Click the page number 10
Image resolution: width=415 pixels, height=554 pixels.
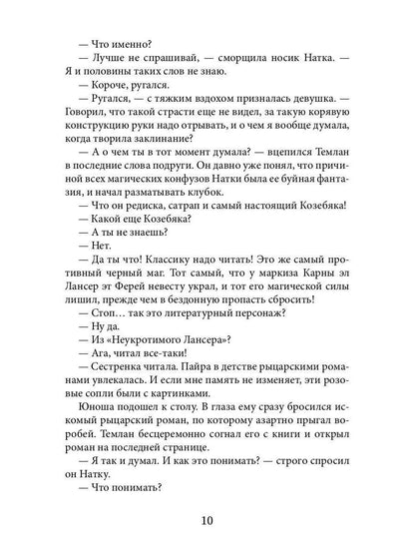coord(207,520)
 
